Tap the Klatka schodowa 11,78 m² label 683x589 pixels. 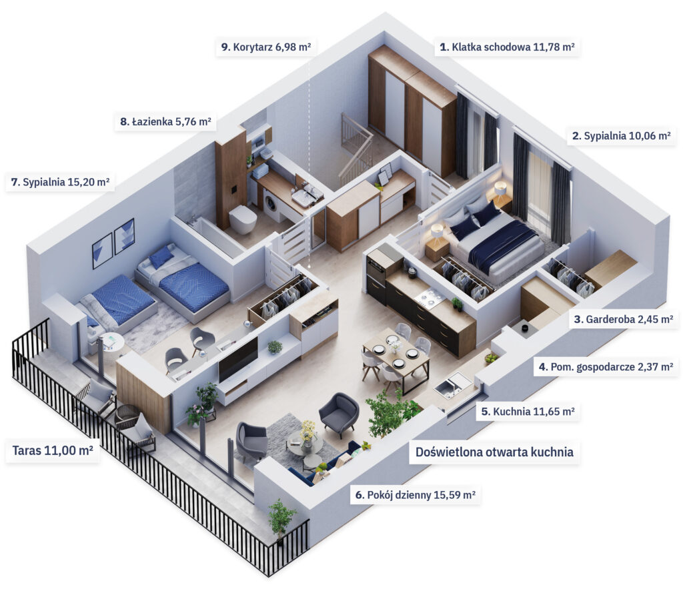coord(507,47)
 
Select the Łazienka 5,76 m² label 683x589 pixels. coord(165,122)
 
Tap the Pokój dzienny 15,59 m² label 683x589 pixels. coord(415,495)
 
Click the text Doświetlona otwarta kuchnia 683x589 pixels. coord(494,452)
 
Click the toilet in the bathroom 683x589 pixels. coord(243,219)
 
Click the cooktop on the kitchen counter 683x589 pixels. coord(430,298)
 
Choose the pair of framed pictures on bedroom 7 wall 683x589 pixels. coord(113,241)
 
